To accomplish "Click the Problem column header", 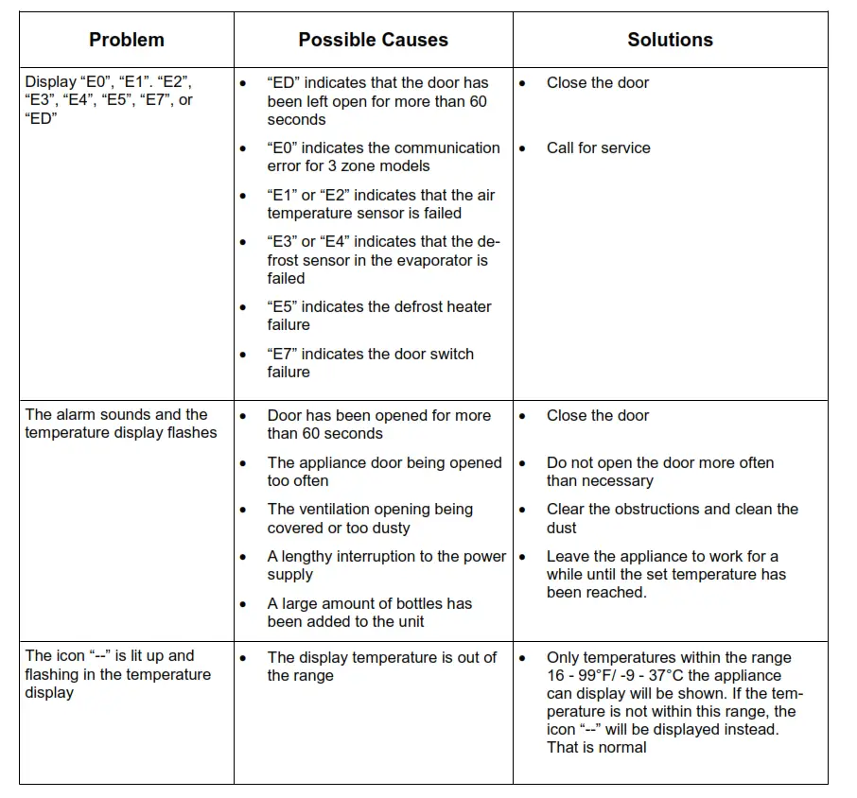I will click(127, 40).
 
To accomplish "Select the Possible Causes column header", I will click(373, 40).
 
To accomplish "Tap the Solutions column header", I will click(670, 40).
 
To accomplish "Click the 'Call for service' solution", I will click(598, 147).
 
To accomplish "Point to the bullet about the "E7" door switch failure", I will click(370, 363).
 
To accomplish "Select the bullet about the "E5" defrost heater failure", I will click(378, 316).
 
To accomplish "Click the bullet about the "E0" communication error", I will click(383, 157).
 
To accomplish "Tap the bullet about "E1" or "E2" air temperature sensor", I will click(380, 204).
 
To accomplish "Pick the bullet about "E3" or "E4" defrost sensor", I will click(376, 260).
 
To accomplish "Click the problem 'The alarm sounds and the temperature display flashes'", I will click(120, 424).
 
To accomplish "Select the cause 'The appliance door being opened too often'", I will click(384, 471).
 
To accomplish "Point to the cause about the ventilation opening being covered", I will click(370, 518).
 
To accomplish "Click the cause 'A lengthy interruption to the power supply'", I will click(386, 565).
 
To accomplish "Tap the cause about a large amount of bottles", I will click(369, 613).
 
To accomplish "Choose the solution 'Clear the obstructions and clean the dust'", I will click(672, 518).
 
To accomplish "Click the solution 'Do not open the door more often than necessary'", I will click(659, 471).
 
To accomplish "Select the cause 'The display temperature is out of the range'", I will click(381, 667).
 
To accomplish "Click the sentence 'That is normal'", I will click(596, 747).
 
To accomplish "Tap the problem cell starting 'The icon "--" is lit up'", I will click(117, 674).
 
